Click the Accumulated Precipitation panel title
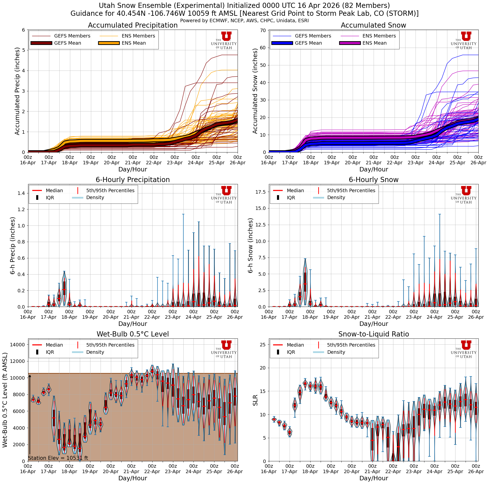[x=133, y=25]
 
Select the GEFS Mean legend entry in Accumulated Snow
[x=308, y=43]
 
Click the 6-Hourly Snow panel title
[x=373, y=180]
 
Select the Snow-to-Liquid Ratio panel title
[x=373, y=334]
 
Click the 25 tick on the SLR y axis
[x=263, y=345]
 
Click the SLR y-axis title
[x=255, y=400]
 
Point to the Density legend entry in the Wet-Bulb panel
[x=95, y=352]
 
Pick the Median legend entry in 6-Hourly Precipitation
[x=54, y=190]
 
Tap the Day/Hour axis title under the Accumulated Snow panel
[x=373, y=169]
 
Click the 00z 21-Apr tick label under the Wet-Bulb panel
[x=131, y=469]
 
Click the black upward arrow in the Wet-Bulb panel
[x=30, y=415]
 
